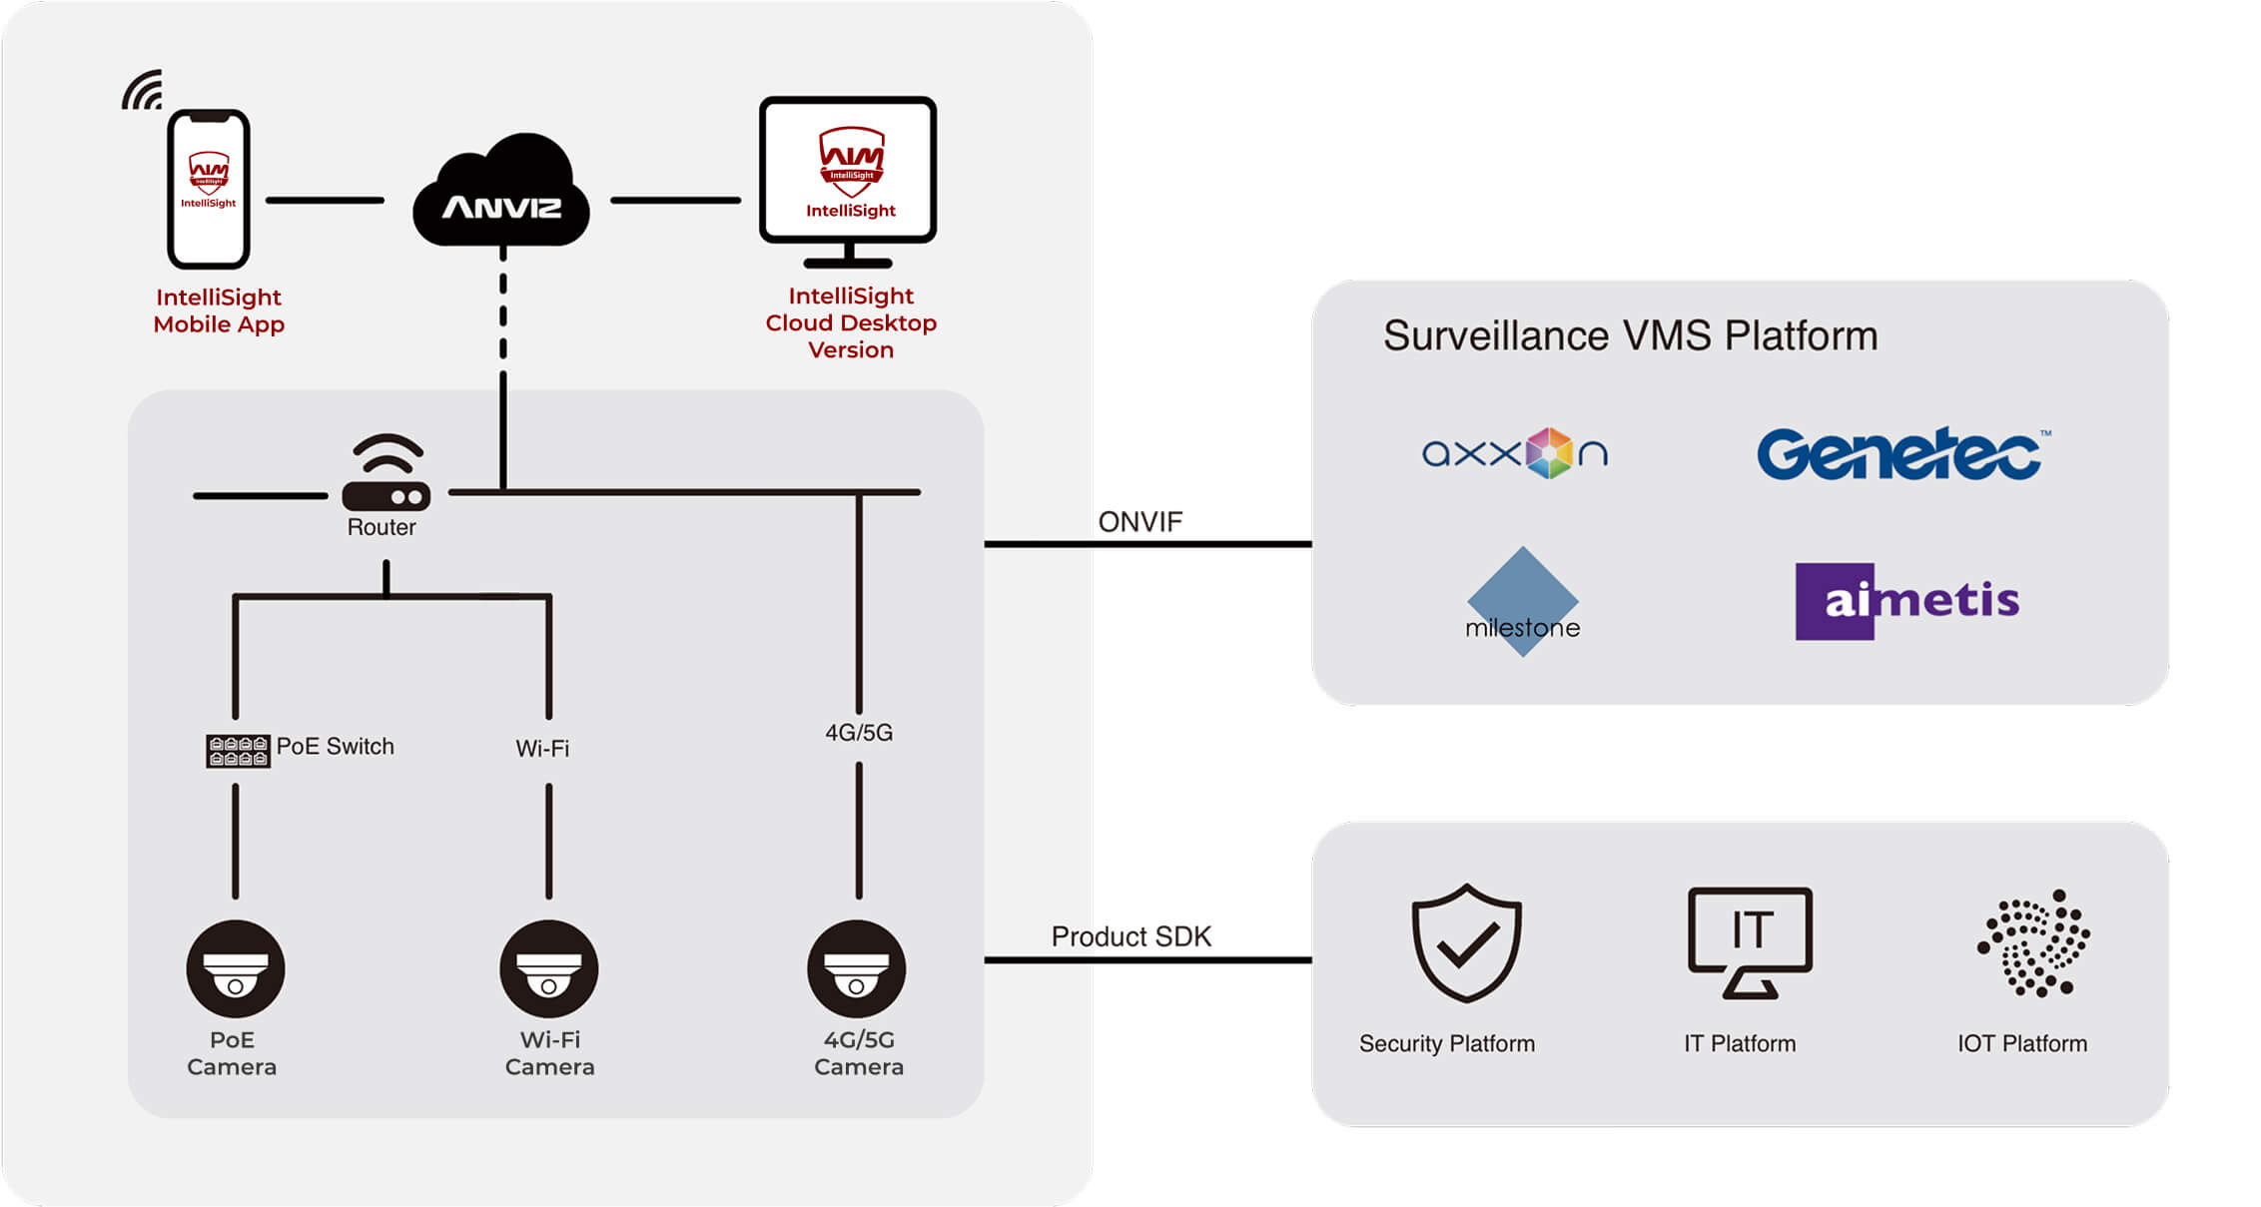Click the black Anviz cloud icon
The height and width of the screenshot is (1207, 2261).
tap(501, 193)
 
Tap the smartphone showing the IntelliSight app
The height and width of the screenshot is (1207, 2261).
tap(209, 189)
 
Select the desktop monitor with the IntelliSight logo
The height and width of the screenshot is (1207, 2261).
tap(848, 180)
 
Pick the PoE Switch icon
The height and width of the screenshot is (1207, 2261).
tap(238, 751)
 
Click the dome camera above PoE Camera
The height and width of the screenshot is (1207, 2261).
tap(236, 968)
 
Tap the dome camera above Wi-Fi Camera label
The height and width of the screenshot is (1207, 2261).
tap(549, 968)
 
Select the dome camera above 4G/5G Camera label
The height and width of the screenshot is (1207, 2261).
tap(857, 968)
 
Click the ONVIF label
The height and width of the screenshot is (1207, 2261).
tap(1139, 522)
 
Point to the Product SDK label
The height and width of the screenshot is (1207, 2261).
tap(1130, 936)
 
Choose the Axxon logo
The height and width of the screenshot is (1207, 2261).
tap(1514, 453)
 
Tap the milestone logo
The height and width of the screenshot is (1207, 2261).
tap(1522, 602)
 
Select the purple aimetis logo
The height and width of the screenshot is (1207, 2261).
tap(1906, 601)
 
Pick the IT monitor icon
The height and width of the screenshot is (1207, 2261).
tap(1750, 941)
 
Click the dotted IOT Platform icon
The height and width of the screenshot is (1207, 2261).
tap(2035, 943)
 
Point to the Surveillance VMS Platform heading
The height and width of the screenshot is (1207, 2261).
tap(1630, 336)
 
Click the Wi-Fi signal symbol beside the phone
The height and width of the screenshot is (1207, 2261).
tap(143, 90)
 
